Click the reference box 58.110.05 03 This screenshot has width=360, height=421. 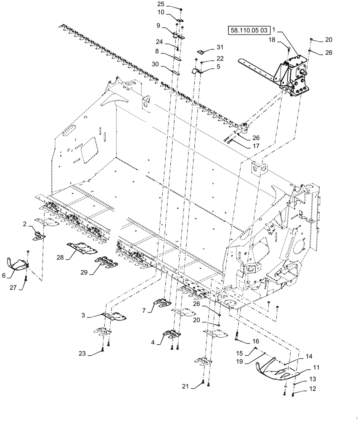tap(249, 30)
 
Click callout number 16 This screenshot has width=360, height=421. tap(256, 341)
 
